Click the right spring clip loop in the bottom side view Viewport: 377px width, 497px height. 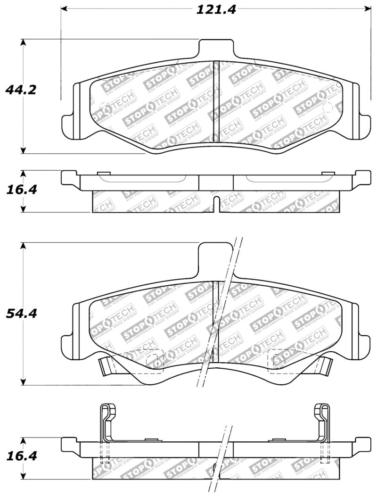[324, 410]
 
